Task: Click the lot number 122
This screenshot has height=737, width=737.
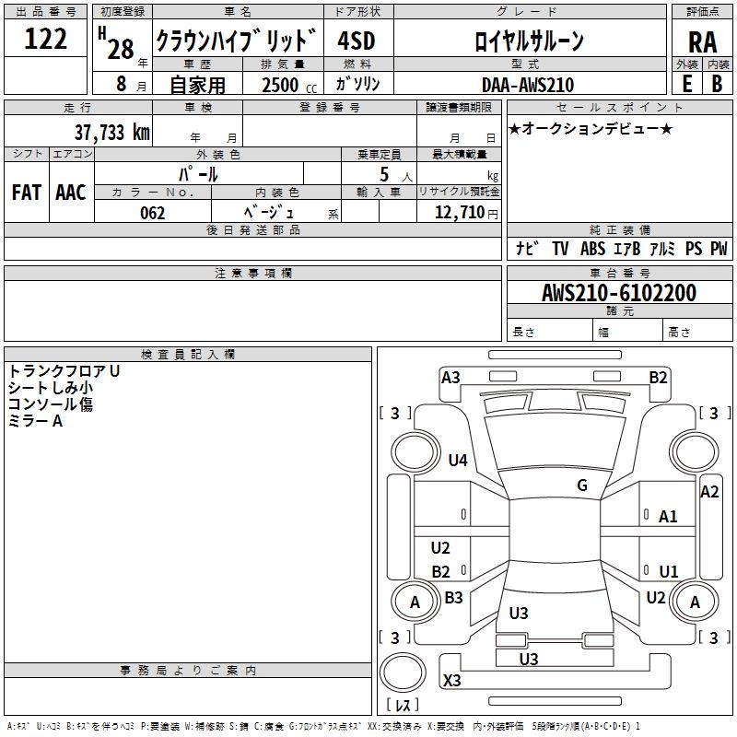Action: point(45,39)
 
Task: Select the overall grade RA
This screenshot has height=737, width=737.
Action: point(703,42)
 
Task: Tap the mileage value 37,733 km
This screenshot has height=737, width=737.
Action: point(112,132)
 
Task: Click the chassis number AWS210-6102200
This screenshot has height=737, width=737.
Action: point(619,293)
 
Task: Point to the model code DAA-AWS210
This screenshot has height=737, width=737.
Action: point(528,85)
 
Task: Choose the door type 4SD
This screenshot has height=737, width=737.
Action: point(357,41)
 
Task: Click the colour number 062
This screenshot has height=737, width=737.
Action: point(153,213)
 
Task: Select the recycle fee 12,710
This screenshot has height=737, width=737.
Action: point(460,212)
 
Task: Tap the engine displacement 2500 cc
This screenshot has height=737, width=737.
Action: point(289,85)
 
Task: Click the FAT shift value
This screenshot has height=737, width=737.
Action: point(27,193)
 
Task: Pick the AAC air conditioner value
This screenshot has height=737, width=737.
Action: point(71,193)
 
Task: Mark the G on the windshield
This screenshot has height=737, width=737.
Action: point(582,485)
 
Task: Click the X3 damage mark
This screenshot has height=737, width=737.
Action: point(452,680)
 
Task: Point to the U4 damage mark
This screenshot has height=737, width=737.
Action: point(458,460)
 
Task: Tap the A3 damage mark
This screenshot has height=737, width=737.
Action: point(450,378)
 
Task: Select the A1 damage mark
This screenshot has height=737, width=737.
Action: point(668,517)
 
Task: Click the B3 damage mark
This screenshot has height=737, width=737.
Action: point(453,597)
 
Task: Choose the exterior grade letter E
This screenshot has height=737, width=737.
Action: point(687,84)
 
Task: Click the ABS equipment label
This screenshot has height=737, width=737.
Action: point(592,248)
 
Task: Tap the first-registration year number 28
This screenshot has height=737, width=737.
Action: point(121,49)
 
